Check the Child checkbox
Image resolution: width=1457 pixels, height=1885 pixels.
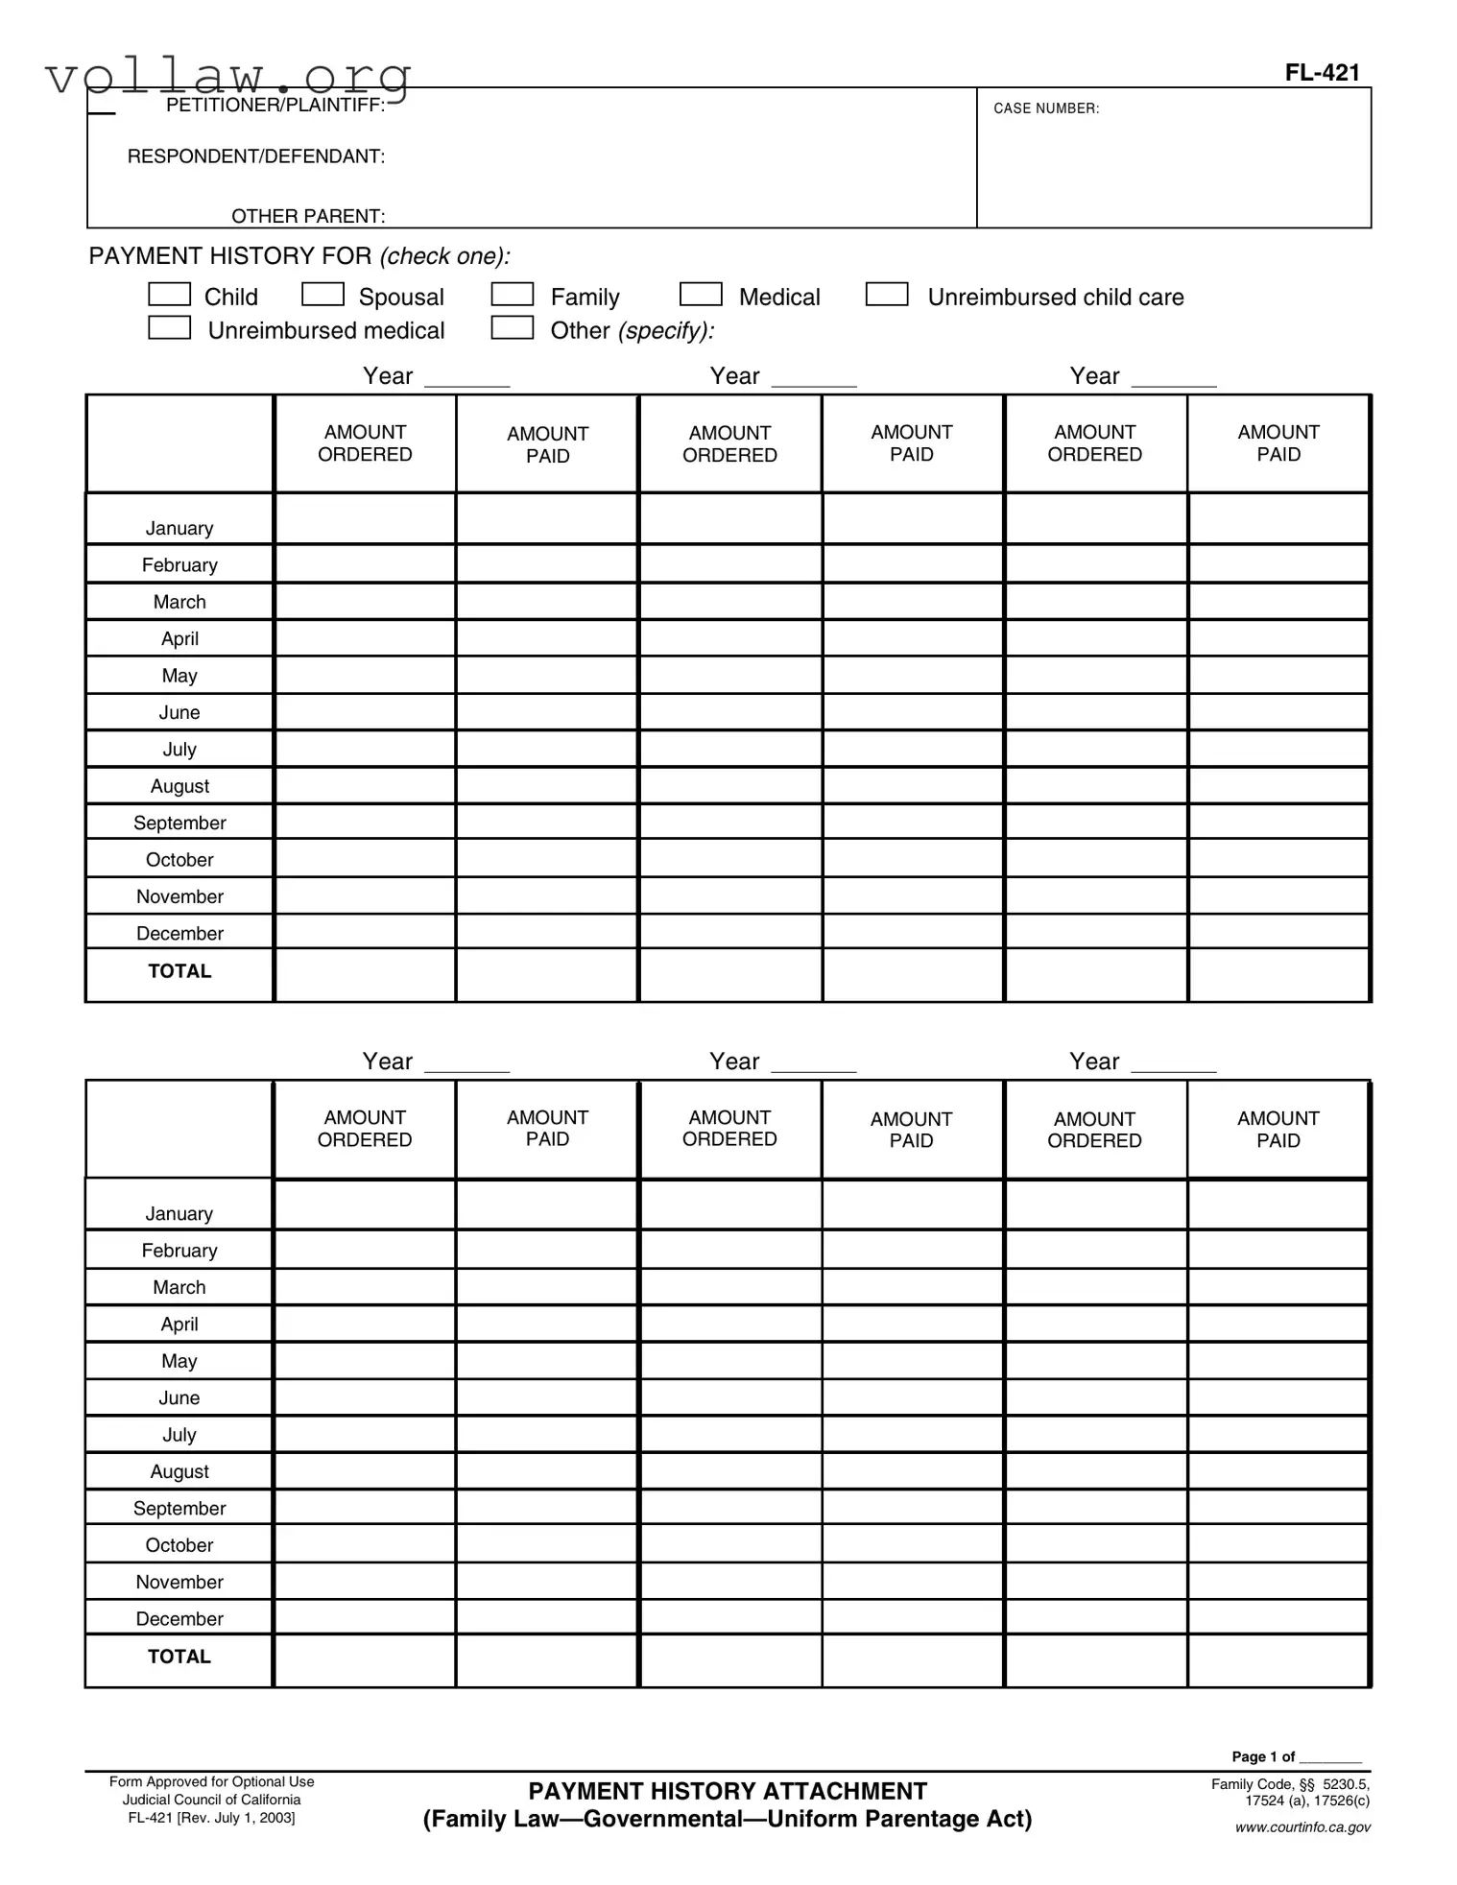coord(169,294)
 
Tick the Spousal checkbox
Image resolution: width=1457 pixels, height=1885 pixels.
coord(322,294)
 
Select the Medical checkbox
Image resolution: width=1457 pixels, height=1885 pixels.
coord(701,294)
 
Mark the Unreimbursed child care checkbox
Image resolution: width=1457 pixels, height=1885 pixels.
coord(887,294)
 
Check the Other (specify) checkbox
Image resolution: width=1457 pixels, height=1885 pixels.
coord(513,327)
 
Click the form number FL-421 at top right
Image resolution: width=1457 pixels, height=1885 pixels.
coord(1322,73)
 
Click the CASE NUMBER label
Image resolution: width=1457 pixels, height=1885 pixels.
coord(1046,108)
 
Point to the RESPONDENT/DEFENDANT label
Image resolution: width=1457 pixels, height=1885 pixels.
coord(256,156)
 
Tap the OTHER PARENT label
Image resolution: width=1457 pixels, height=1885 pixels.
coord(308,216)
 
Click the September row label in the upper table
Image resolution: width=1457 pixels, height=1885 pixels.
coord(179,823)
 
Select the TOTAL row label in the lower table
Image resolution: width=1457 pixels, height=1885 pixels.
coord(179,1656)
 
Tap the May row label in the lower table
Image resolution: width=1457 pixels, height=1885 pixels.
coord(179,1361)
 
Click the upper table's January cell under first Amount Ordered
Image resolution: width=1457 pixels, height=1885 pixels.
coord(365,519)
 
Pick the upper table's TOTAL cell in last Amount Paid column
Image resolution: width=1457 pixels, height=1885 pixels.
coord(1278,975)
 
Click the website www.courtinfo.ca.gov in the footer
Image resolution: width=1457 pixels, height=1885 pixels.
coord(1302,1826)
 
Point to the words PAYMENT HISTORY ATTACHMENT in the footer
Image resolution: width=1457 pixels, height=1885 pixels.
coord(728,1791)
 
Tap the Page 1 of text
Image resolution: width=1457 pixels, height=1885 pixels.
coord(1263,1756)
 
